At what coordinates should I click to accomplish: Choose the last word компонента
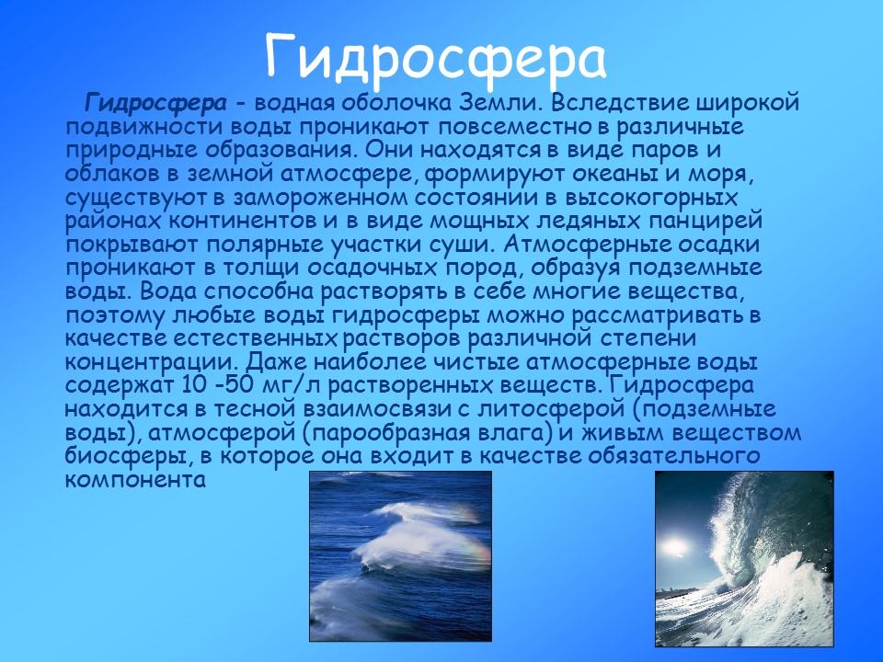[134, 479]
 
